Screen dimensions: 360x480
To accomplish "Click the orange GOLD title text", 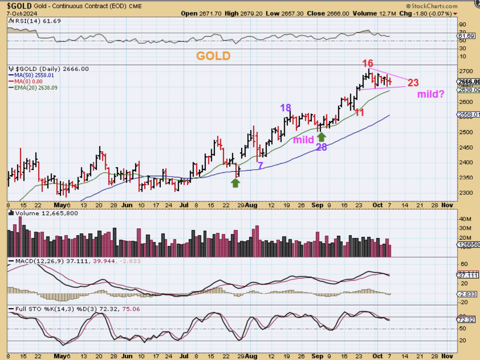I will point(213,56).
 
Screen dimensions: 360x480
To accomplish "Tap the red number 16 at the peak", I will point(367,63).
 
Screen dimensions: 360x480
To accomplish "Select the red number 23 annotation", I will point(413,82).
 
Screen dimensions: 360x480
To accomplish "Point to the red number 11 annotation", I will point(360,112).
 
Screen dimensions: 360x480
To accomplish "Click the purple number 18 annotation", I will point(286,108).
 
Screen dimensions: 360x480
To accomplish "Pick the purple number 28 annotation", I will point(322,147).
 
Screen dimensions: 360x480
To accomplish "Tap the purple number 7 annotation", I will point(260,166).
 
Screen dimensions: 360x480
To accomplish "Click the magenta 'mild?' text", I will point(431,94).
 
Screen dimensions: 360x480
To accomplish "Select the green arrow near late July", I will point(235,183).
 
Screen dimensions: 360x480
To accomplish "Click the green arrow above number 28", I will point(322,137).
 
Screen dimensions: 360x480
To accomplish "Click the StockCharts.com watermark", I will point(432,6).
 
